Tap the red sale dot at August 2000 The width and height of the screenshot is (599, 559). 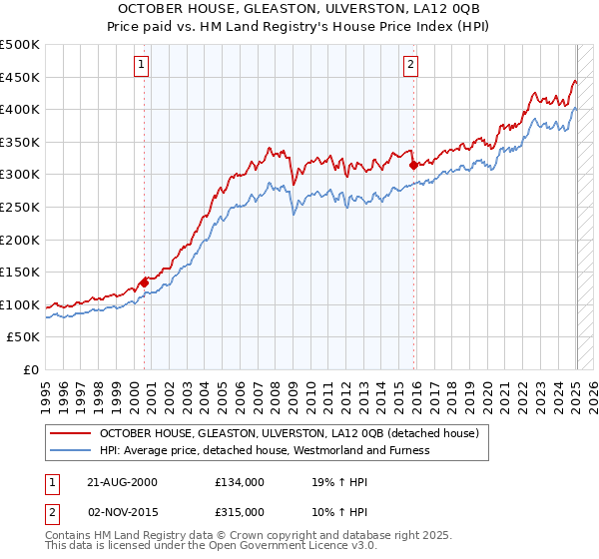click(x=144, y=282)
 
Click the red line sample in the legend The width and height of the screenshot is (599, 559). click(x=69, y=433)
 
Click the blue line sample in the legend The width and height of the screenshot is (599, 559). click(x=69, y=450)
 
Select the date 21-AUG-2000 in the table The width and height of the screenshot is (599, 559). click(x=122, y=481)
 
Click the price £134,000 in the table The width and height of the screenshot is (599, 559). click(x=239, y=481)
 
